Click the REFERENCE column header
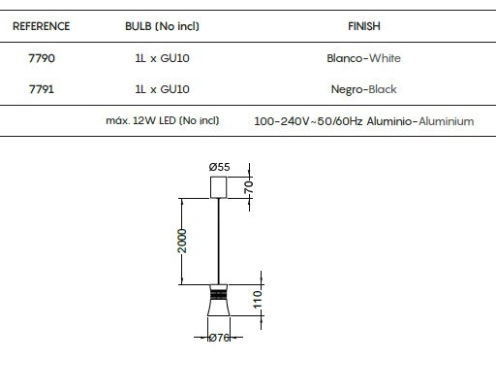pyautogui.click(x=41, y=26)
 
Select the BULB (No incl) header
pyautogui.click(x=162, y=26)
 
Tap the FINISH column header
pyautogui.click(x=364, y=26)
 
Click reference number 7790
pyautogui.click(x=42, y=58)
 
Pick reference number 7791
pyautogui.click(x=42, y=89)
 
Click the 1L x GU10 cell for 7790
pyautogui.click(x=162, y=58)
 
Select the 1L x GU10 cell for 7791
pyautogui.click(x=162, y=89)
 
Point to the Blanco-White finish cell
pyautogui.click(x=363, y=58)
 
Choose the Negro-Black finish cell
pyautogui.click(x=364, y=89)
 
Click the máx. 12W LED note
pyautogui.click(x=163, y=120)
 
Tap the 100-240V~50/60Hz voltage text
pyautogui.click(x=308, y=121)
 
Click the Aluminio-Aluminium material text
pyautogui.click(x=420, y=121)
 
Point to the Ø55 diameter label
pyautogui.click(x=219, y=167)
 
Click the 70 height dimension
pyautogui.click(x=249, y=187)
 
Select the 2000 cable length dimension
pyautogui.click(x=182, y=241)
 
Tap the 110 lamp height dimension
pyautogui.click(x=258, y=300)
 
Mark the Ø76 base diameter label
pyautogui.click(x=219, y=338)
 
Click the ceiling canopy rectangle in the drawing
pyautogui.click(x=218, y=187)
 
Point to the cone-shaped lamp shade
pyautogui.click(x=218, y=300)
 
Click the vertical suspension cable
pyautogui.click(x=219, y=242)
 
